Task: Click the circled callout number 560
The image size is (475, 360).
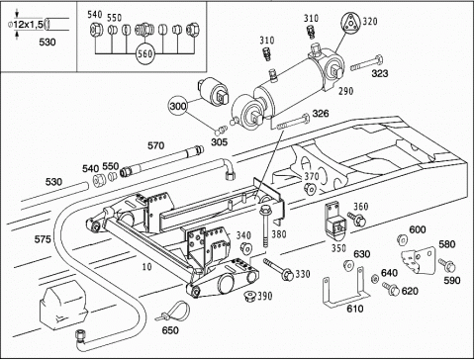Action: [x=144, y=53]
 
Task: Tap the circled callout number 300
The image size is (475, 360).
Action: [x=178, y=106]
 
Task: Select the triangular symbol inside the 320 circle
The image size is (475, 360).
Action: [x=350, y=24]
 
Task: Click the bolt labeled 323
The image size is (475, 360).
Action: [x=366, y=63]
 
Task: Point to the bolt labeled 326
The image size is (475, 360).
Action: [x=293, y=122]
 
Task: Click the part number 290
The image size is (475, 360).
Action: [x=346, y=91]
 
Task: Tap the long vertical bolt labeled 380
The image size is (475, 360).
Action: [x=265, y=226]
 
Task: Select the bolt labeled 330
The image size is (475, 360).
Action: [x=278, y=269]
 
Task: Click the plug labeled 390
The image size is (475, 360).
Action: [x=249, y=296]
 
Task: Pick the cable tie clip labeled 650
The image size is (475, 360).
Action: [x=174, y=312]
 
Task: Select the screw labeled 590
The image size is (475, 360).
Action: [x=447, y=265]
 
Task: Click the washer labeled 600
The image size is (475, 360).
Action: [x=402, y=239]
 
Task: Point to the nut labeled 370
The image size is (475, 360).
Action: [x=311, y=189]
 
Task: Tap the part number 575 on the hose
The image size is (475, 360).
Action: [x=43, y=239]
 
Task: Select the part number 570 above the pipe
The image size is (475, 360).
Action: [x=155, y=145]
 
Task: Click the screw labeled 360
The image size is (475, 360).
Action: [x=356, y=219]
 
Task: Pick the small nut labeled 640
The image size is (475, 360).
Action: [x=374, y=279]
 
